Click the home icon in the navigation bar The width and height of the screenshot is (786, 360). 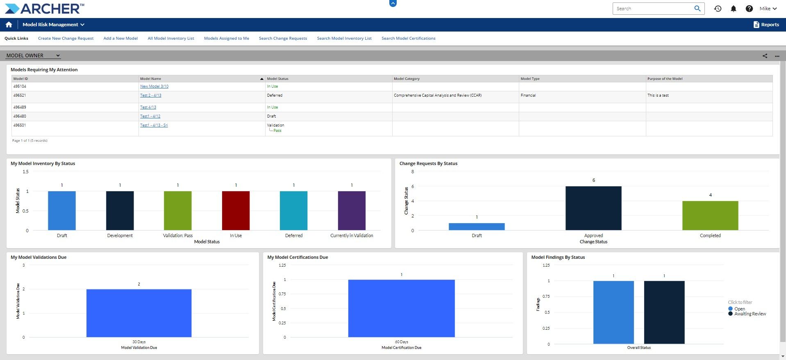click(9, 25)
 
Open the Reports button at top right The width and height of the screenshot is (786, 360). click(766, 25)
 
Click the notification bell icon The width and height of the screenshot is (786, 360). click(733, 9)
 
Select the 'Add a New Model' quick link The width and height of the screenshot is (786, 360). click(120, 38)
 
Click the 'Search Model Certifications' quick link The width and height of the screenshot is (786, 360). click(408, 38)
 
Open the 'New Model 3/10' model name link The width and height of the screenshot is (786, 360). click(154, 86)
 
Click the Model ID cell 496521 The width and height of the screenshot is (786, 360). click(20, 95)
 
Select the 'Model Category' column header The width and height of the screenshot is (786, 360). click(407, 79)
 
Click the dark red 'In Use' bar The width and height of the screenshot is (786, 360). click(236, 211)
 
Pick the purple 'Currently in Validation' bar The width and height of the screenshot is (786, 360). click(352, 211)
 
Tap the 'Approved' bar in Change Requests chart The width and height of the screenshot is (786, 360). click(593, 208)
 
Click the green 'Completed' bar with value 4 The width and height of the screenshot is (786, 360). click(710, 215)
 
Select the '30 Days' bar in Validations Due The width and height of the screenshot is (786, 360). click(139, 313)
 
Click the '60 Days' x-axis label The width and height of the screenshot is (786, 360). click(402, 342)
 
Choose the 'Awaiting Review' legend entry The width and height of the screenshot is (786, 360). click(750, 314)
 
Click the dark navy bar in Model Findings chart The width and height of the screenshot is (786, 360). click(664, 312)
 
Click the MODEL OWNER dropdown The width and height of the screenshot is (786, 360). click(33, 56)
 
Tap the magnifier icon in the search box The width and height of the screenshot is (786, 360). click(697, 9)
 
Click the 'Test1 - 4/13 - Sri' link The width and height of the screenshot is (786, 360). click(154, 125)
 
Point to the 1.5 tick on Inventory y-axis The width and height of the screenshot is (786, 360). click(25, 172)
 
